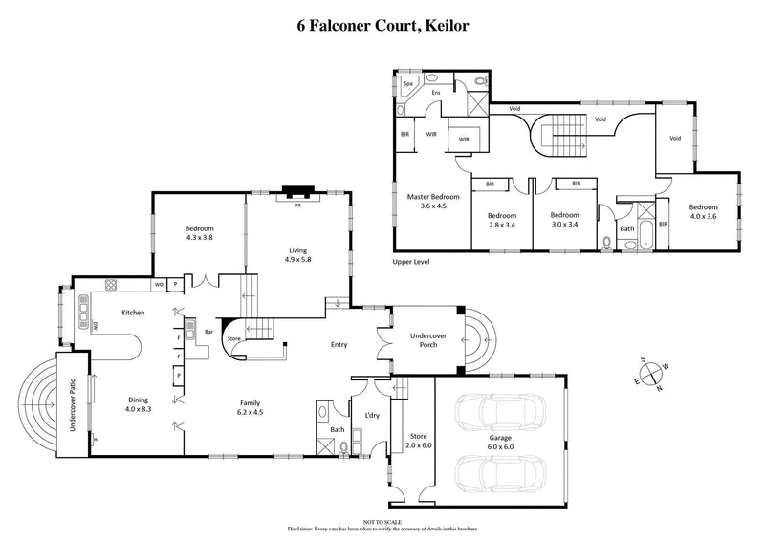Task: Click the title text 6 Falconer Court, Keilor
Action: pyautogui.click(x=382, y=27)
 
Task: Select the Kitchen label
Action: pyautogui.click(x=132, y=312)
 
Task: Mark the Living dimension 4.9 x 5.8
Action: pyautogui.click(x=298, y=259)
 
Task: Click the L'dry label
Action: pyautogui.click(x=372, y=414)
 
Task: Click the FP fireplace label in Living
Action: pyautogui.click(x=298, y=204)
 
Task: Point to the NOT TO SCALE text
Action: pyautogui.click(x=382, y=522)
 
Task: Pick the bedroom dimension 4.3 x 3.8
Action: pyautogui.click(x=199, y=238)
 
